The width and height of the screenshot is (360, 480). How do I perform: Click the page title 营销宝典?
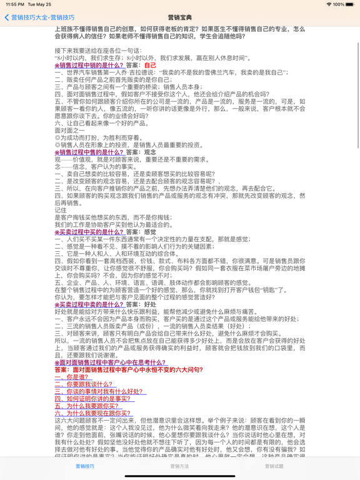(180, 17)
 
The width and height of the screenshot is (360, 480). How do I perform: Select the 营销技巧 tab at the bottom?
(85, 466)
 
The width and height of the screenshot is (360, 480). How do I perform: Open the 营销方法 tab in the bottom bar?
(179, 466)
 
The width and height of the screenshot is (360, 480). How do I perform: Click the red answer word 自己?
(150, 65)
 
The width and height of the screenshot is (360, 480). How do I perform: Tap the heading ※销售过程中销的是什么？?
(89, 65)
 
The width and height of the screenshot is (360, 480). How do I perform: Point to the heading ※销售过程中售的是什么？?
(89, 152)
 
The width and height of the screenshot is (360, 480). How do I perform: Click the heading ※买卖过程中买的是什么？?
(89, 232)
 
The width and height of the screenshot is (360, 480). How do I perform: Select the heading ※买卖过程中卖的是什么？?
(89, 304)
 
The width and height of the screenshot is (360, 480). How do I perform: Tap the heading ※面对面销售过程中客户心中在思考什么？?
(111, 362)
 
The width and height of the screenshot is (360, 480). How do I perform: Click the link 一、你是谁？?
(72, 377)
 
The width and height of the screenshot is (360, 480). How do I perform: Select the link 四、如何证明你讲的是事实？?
(92, 399)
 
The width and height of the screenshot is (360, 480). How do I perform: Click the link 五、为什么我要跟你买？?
(86, 406)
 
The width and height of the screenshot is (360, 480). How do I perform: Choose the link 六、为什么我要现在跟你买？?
(92, 413)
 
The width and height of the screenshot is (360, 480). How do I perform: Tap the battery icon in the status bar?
(349, 4)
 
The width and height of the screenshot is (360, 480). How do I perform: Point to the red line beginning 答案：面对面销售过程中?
(128, 370)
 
